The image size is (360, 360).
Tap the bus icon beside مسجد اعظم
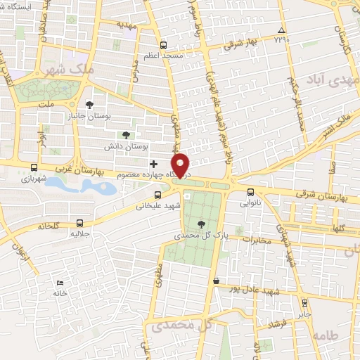coord(163,42)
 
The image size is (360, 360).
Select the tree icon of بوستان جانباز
coord(89,105)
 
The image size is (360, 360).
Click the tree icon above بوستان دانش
coord(127,134)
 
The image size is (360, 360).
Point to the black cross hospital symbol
coord(154,164)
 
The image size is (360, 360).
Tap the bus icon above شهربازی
coord(34,167)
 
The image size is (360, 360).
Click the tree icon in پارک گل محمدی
coord(202,224)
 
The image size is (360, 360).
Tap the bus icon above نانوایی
coord(251,192)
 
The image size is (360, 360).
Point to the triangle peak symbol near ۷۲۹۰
coord(281,31)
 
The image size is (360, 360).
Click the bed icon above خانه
coord(59,283)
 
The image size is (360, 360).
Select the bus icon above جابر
coord(304,303)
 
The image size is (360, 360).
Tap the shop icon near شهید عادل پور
coord(216,281)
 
